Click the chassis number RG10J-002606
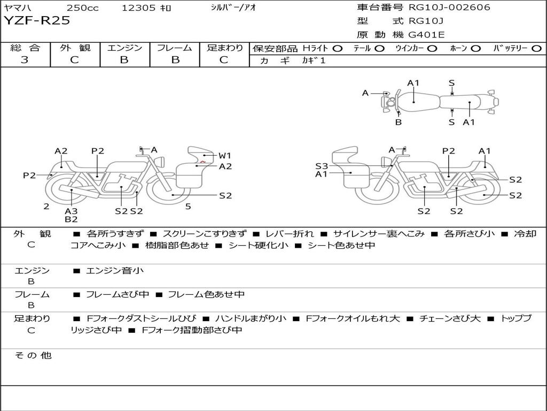click(449, 7)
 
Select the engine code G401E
click(427, 35)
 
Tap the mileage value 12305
click(138, 8)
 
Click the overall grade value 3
click(25, 60)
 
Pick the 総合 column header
click(25, 48)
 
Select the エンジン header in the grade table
click(124, 48)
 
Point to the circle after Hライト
click(337, 49)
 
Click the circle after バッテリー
click(537, 49)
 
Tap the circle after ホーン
click(475, 49)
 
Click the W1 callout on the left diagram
click(225, 156)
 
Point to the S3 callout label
click(322, 166)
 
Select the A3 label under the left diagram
click(71, 211)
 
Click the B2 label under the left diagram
click(71, 219)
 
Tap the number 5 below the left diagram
click(188, 206)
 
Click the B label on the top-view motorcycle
click(398, 122)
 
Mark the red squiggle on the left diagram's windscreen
click(203, 161)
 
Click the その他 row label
click(33, 355)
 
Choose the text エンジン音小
click(114, 271)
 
